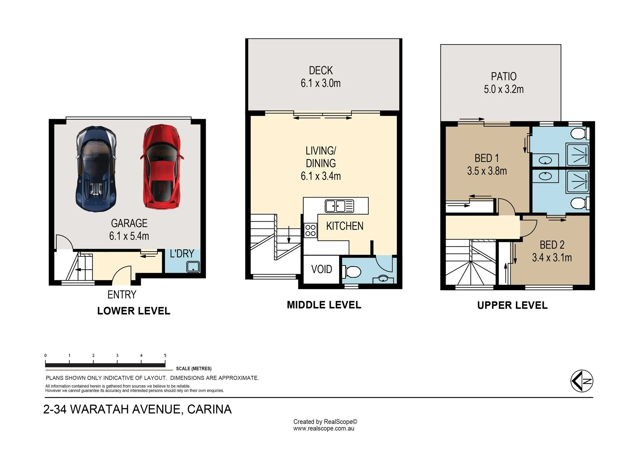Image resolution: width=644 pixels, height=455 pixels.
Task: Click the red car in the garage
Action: [162, 167]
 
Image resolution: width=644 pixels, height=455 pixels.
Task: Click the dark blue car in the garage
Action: [96, 169]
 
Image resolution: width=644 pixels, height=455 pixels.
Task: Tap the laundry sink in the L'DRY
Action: [193, 267]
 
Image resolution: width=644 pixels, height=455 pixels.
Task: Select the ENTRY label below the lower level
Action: [122, 294]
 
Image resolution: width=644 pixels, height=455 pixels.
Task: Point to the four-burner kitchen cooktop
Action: [310, 230]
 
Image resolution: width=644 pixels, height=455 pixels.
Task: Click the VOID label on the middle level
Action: [321, 269]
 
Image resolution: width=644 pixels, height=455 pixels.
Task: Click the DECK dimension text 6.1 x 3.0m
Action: [321, 83]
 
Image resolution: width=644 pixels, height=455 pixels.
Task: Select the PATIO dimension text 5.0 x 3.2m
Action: [504, 89]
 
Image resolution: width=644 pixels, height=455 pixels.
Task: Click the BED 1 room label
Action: [487, 158]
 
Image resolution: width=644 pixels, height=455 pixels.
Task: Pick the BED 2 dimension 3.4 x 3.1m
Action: [552, 257]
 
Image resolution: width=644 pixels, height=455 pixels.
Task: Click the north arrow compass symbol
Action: [582, 381]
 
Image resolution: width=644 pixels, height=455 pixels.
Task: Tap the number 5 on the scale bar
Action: [165, 356]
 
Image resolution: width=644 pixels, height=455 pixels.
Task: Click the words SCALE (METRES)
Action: [194, 369]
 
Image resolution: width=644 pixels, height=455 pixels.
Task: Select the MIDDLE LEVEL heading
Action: [324, 305]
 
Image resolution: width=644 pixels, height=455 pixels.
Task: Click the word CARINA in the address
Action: [209, 409]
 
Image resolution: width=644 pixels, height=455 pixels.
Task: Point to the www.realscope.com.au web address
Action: [324, 429]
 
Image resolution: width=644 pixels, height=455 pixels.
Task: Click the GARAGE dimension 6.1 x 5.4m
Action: [129, 236]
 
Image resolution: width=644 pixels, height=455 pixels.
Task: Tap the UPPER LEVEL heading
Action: [512, 305]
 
